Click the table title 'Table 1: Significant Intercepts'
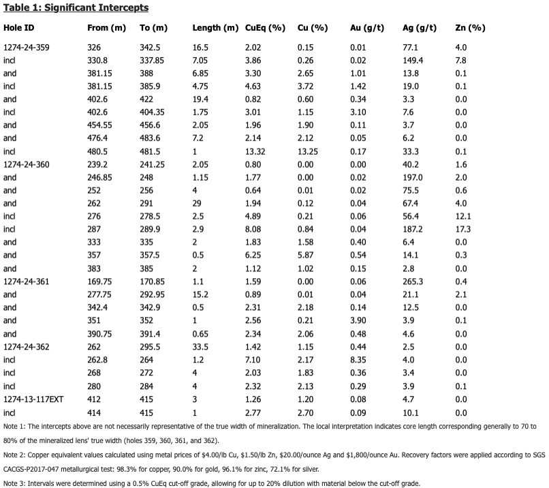tap(76, 7)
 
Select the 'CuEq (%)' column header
tap(265, 28)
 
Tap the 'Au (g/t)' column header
tap(367, 28)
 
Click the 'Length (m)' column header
tap(215, 28)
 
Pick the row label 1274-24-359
tap(27, 47)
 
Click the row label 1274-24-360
tap(27, 165)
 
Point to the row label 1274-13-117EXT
tap(33, 399)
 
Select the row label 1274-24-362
tap(27, 347)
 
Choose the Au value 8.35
tap(358, 360)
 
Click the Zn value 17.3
tap(463, 229)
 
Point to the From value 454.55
tap(99, 125)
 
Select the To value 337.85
tap(152, 60)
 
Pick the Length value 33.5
tap(200, 347)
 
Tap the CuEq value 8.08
tap(253, 229)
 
